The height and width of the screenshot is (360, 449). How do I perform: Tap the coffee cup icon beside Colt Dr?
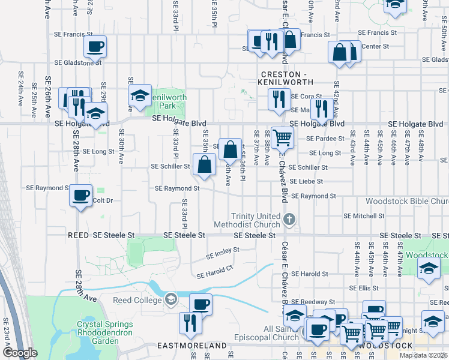coord(80,195)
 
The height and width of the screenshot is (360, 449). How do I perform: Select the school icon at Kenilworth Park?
coord(140,96)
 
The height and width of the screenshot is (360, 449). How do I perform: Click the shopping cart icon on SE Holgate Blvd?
coord(282,137)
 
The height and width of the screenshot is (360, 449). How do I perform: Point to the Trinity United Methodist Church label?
coord(256,220)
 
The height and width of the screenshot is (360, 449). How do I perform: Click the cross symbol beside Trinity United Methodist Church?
coord(289,219)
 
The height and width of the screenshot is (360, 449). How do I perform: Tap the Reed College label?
coord(138,299)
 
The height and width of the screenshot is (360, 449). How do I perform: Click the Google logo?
coord(20,353)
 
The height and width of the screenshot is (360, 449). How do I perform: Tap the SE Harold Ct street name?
coord(215,272)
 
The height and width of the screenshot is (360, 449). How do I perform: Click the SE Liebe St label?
coord(306,181)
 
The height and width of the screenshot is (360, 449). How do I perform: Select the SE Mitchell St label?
coord(364,216)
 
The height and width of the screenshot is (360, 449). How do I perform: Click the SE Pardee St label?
coord(325,139)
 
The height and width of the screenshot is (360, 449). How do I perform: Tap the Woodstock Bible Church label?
coord(406,202)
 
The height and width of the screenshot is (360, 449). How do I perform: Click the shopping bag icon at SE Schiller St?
coord(204,164)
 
